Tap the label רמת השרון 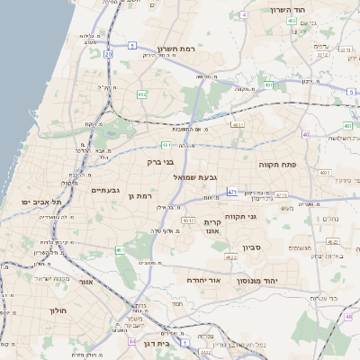tap(176, 49)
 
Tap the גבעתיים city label tap(105, 190)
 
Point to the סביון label tap(251, 247)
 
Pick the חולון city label tap(56, 310)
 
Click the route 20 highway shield tap(108, 54)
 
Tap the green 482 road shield tap(142, 94)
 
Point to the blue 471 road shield tap(232, 192)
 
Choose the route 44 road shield tap(132, 342)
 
